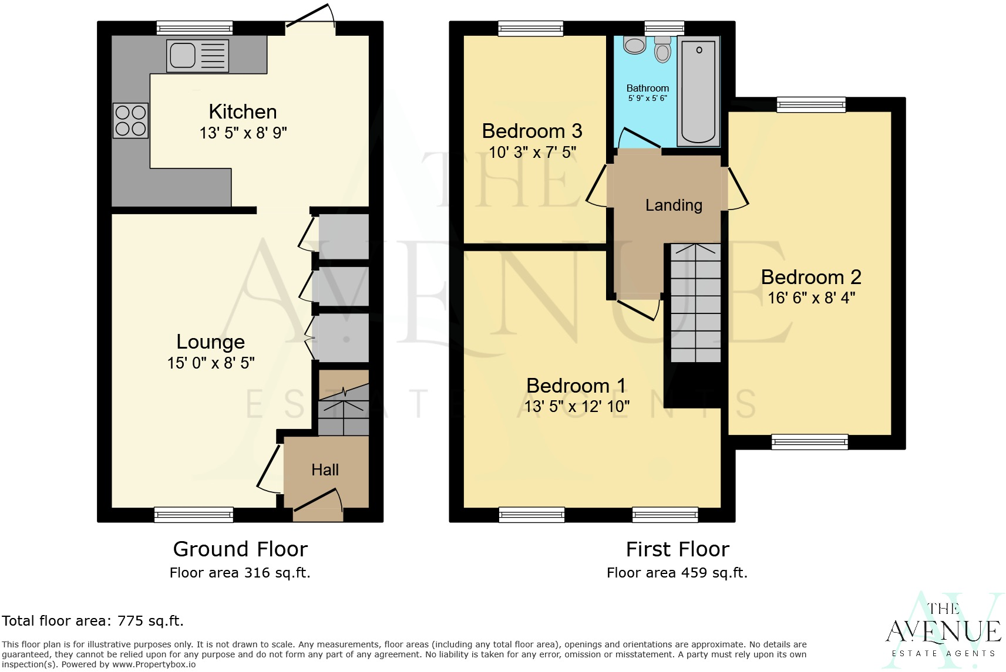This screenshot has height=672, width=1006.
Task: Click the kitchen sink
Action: [197, 56]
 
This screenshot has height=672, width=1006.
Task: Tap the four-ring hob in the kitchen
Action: [130, 120]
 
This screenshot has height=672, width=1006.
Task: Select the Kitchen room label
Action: [243, 112]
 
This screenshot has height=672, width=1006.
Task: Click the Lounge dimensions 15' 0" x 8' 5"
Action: [211, 363]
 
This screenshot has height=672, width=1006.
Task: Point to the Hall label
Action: [325, 470]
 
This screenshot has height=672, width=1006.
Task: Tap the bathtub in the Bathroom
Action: [699, 91]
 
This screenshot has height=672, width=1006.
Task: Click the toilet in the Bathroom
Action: [663, 49]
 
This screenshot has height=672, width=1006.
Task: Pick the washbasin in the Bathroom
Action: [634, 45]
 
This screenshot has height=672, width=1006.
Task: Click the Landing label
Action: [674, 205]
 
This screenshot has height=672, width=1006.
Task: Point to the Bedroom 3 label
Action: [532, 131]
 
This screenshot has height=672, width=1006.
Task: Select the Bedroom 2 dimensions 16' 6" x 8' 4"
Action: [811, 298]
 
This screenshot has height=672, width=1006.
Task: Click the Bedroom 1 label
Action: [576, 386]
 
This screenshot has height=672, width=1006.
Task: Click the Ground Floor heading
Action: [240, 549]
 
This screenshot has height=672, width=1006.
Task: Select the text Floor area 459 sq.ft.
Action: [677, 573]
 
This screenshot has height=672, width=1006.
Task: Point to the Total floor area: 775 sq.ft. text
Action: [93, 621]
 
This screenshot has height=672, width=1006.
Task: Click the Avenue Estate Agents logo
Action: [943, 631]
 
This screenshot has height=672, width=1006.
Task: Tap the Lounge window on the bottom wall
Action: [194, 515]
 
